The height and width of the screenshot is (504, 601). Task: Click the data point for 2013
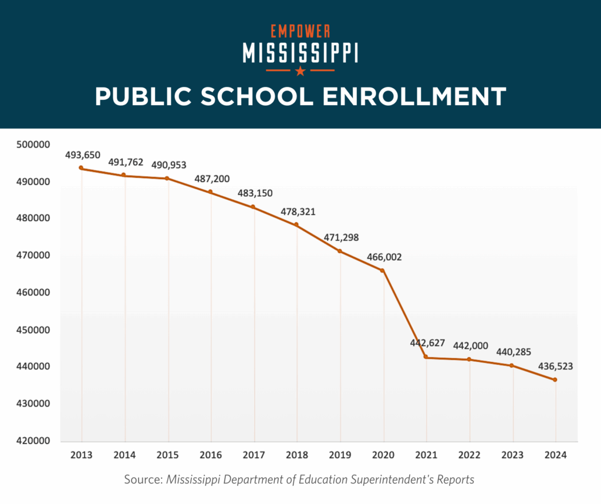coord(81,168)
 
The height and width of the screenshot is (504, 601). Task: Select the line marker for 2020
coord(383,270)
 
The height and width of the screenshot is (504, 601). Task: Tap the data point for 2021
coord(426,357)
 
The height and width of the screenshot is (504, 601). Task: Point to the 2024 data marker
coord(555,379)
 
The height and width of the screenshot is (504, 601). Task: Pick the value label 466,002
coord(384,257)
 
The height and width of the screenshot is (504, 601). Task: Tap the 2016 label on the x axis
coord(211,455)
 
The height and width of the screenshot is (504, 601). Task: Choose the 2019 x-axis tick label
coord(340,455)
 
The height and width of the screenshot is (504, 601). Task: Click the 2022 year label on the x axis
coord(470,455)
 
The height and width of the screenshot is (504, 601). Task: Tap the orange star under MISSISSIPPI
coord(300,71)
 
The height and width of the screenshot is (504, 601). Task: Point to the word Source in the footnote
coord(142,480)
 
